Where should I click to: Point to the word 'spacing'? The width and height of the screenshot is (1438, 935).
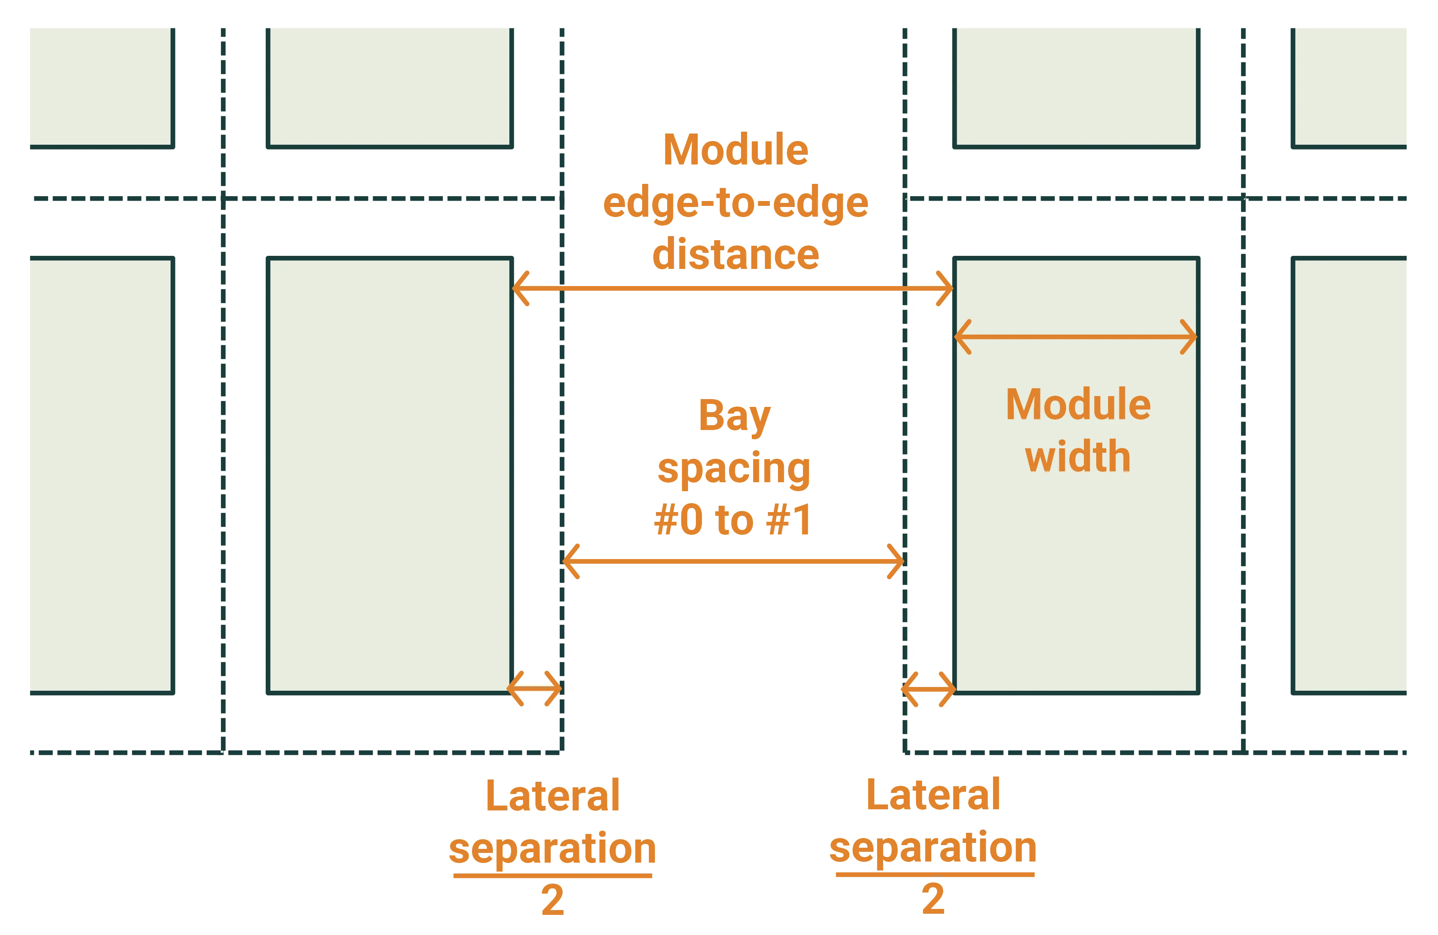(x=734, y=469)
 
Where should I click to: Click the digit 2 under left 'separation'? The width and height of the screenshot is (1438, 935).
(x=551, y=900)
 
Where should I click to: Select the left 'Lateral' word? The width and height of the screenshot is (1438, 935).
(x=553, y=796)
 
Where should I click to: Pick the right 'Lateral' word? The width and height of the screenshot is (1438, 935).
(x=932, y=795)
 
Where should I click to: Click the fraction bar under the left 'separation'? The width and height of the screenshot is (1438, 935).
(x=551, y=875)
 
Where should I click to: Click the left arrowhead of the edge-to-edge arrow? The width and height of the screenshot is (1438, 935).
(x=518, y=288)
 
